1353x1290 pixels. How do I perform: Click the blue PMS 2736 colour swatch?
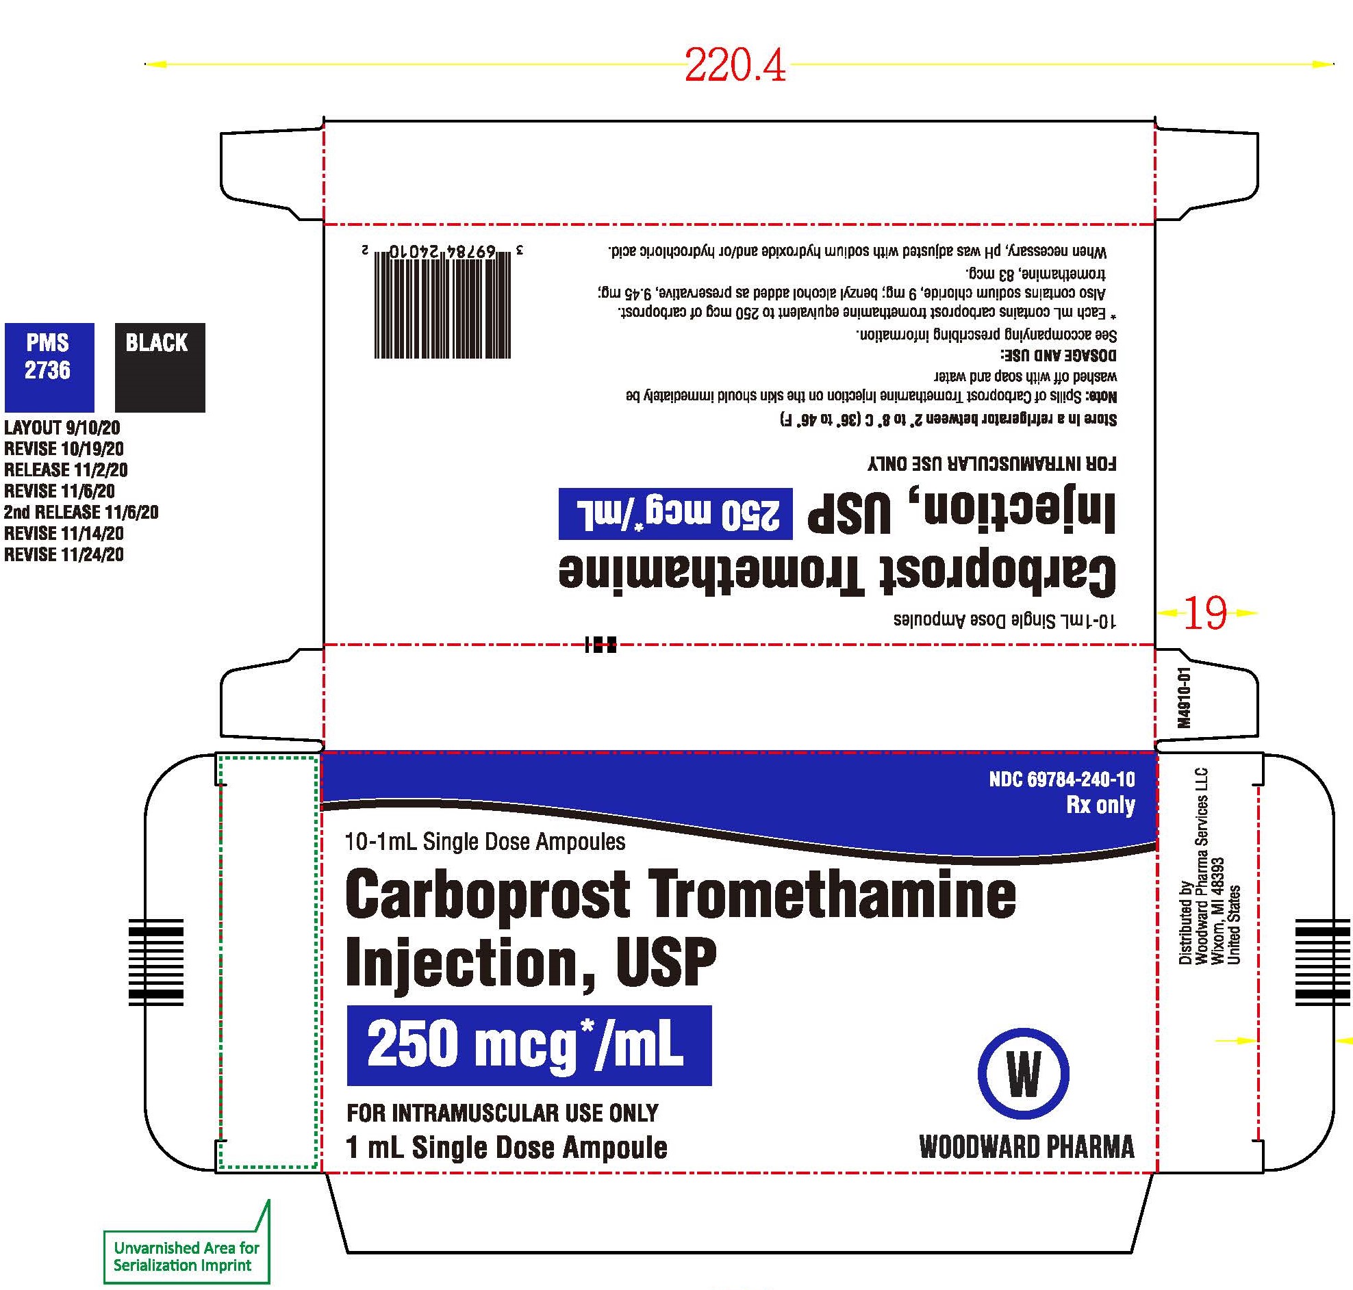point(49,367)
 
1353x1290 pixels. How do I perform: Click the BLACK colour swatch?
point(160,367)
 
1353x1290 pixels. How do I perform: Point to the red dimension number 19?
point(1204,612)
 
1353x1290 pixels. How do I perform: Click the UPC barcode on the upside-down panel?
point(443,302)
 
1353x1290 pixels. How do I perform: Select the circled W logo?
point(1023,1073)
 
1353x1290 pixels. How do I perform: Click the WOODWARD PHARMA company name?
point(1027,1148)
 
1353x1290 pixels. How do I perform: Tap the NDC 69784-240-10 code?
point(1062,779)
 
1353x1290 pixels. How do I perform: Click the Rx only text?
point(1100,805)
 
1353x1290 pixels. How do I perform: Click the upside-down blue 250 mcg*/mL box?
point(675,514)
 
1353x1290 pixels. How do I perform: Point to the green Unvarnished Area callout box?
point(186,1256)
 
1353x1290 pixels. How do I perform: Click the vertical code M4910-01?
point(1183,697)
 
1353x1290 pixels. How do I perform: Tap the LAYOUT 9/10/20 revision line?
point(62,428)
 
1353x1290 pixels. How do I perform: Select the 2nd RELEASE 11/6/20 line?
point(81,513)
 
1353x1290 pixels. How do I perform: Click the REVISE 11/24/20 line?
point(64,554)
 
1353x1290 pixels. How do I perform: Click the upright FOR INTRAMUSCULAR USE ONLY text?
point(503,1113)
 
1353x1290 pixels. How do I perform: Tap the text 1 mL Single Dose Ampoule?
point(507,1148)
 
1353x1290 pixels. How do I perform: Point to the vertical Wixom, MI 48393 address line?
point(1218,911)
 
